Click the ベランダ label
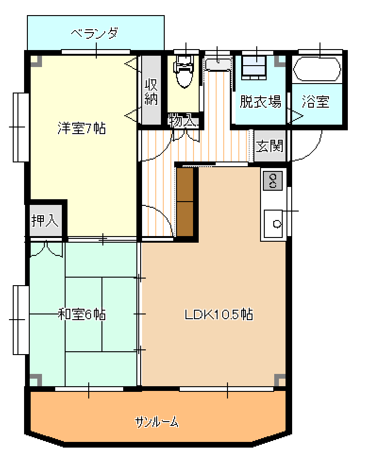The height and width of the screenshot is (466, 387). coord(94,33)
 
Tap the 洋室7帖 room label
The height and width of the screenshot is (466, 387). coord(82,128)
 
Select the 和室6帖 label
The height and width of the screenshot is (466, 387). coord(82,314)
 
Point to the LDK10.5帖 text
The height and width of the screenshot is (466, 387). coord(219,314)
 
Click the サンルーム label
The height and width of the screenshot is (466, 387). coord(157,422)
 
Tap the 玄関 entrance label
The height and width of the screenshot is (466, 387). coord(269,146)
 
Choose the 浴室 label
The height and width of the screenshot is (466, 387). coord(316,102)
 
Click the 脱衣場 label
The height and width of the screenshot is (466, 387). coord(260,102)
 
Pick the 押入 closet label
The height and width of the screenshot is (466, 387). coord(45,220)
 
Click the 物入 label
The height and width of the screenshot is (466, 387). coord(182,121)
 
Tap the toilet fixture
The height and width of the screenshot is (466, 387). coord(184,72)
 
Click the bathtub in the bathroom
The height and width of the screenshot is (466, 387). coord(317,68)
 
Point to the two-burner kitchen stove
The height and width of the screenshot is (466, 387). coord(273,181)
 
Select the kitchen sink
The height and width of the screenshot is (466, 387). coord(273,224)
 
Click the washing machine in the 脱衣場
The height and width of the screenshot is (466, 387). coord(253,68)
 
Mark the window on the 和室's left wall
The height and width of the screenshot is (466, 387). coord(21,320)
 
